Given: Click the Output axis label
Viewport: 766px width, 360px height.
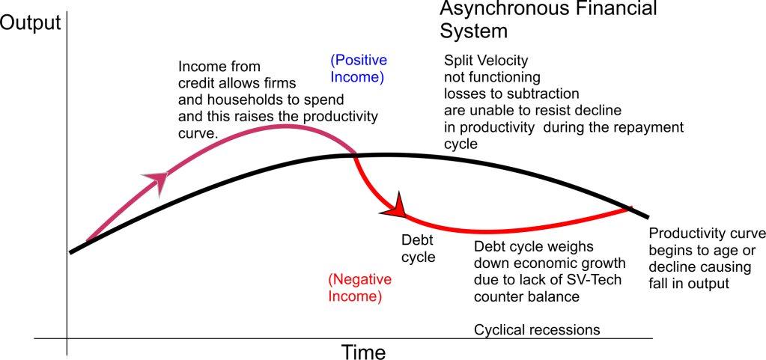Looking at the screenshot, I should [x=31, y=23].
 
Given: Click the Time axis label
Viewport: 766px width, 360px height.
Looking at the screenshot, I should [x=364, y=350].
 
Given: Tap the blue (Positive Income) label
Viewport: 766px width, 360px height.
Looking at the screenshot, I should [x=358, y=68].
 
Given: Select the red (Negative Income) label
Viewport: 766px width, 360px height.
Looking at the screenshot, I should [x=359, y=289].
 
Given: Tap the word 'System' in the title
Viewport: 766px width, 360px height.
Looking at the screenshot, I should [x=473, y=31].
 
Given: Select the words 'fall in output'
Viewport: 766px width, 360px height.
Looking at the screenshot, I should [x=690, y=284].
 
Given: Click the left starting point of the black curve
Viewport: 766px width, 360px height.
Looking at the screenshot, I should [x=70, y=251].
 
